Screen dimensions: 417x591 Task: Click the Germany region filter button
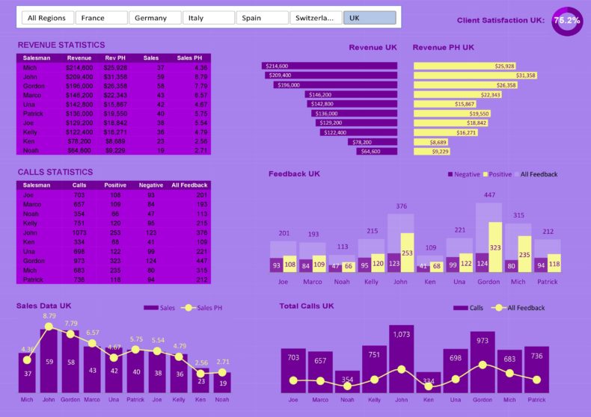pyautogui.click(x=154, y=18)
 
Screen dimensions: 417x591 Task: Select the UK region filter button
pyautogui.click(x=369, y=18)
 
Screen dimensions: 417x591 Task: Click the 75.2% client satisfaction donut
pyautogui.click(x=566, y=21)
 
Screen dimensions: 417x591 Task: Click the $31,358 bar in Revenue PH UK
pyautogui.click(x=475, y=75)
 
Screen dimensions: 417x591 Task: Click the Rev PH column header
pyautogui.click(x=115, y=58)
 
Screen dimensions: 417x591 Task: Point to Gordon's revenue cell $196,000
pyautogui.click(x=79, y=85)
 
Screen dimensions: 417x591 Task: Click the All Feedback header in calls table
pyautogui.click(x=189, y=185)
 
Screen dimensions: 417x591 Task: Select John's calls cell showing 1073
pyautogui.click(x=79, y=232)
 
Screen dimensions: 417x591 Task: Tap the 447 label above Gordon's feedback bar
pyautogui.click(x=489, y=195)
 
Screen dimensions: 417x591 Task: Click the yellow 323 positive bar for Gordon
pyautogui.click(x=494, y=247)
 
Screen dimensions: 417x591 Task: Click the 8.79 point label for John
pyautogui.click(x=49, y=316)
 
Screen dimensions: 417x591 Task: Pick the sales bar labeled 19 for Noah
pyautogui.click(x=221, y=383)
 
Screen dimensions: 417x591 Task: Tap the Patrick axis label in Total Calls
pyautogui.click(x=536, y=400)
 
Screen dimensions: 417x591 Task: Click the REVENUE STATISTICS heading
pyautogui.click(x=61, y=45)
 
